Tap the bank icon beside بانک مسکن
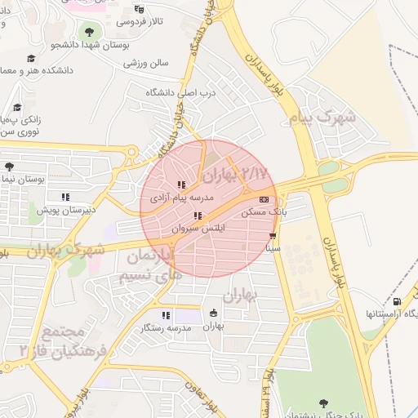(x=263, y=199)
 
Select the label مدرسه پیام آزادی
(x=181, y=198)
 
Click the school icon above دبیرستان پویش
(x=65, y=197)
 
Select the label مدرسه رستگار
(x=167, y=327)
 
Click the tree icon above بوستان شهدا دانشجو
(x=88, y=32)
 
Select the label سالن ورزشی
(x=146, y=62)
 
